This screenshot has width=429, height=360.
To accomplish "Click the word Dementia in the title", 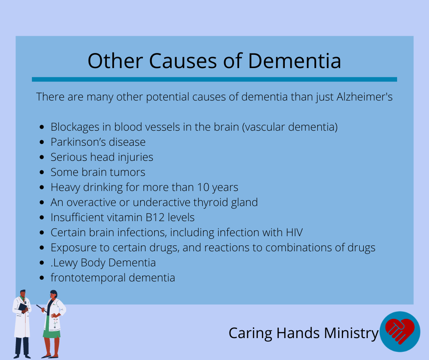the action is click(294, 61).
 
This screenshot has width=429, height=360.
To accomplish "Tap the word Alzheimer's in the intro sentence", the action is click(365, 97).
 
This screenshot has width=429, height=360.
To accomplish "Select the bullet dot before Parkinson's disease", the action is click(42, 142).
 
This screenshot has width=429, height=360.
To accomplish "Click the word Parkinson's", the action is click(80, 142).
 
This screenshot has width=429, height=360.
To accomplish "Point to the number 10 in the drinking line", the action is click(203, 187).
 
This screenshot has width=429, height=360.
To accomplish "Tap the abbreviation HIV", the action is click(294, 233).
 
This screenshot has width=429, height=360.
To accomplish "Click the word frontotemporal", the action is click(88, 277).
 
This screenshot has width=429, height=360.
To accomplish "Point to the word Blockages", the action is click(75, 127).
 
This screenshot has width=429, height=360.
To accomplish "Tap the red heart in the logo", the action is click(400, 330).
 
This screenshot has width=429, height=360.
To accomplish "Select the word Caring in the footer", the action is click(251, 333).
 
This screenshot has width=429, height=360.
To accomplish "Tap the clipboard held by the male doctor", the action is click(23, 307).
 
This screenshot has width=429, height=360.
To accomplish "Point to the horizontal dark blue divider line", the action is click(214, 79).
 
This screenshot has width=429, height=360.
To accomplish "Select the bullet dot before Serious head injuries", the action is click(42, 157).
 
